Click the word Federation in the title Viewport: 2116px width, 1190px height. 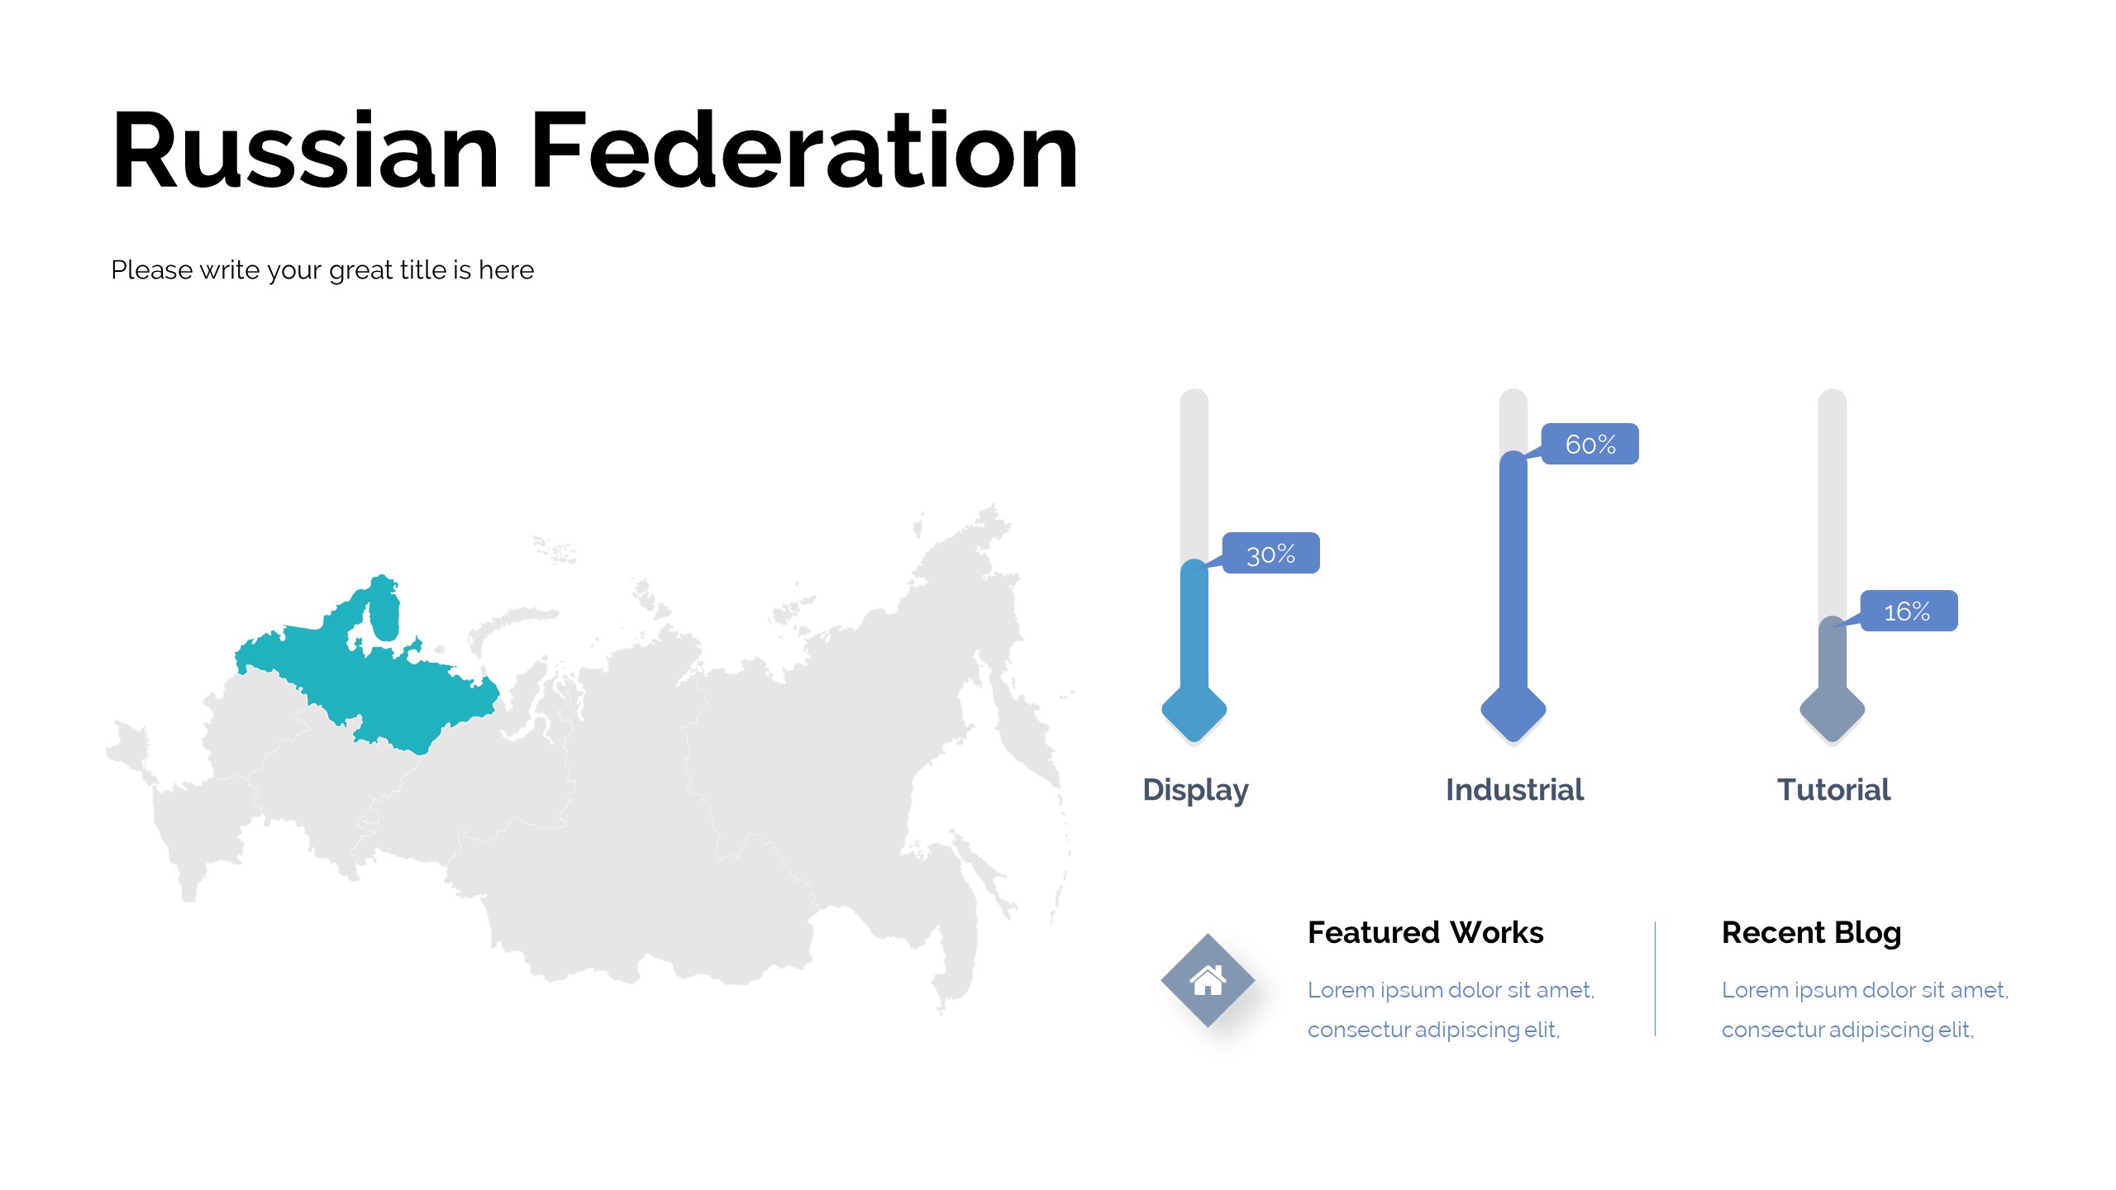[804, 150]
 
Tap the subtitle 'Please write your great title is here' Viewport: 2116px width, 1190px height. [322, 270]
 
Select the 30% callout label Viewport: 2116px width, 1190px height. [1270, 553]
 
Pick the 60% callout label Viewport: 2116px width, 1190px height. [1589, 444]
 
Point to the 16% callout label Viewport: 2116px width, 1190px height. [1909, 611]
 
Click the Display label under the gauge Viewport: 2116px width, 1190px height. [1195, 790]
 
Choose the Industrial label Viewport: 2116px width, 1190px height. [1514, 789]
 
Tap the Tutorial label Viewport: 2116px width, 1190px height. [1833, 789]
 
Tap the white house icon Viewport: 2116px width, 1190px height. [1208, 980]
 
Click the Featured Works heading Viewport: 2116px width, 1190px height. [1425, 932]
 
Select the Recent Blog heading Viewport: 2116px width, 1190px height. [1811, 933]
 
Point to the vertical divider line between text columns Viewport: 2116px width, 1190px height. [1656, 978]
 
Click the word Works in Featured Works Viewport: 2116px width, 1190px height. [1497, 932]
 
